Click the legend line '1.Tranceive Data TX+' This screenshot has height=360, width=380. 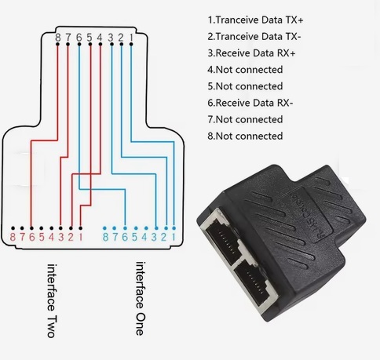[255, 20]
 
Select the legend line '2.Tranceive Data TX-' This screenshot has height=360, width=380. [254, 37]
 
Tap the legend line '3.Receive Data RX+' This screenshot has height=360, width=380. [251, 53]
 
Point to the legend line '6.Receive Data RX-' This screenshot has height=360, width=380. [250, 103]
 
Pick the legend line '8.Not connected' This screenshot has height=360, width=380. [245, 136]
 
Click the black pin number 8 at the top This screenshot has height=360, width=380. [58, 38]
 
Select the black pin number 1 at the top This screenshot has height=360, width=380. [131, 38]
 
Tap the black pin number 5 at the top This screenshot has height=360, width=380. [90, 38]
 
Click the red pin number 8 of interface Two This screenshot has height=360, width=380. [13, 237]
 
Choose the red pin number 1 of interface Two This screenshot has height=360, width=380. [81, 237]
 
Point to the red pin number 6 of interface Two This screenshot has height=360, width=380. [32, 237]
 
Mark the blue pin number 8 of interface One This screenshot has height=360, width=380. [105, 237]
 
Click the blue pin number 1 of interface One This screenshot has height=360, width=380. [174, 237]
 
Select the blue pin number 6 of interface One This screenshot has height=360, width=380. [125, 237]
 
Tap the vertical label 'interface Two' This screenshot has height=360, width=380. [52, 300]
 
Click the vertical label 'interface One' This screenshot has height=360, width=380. [140, 298]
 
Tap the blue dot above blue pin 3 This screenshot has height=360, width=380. [156, 228]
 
